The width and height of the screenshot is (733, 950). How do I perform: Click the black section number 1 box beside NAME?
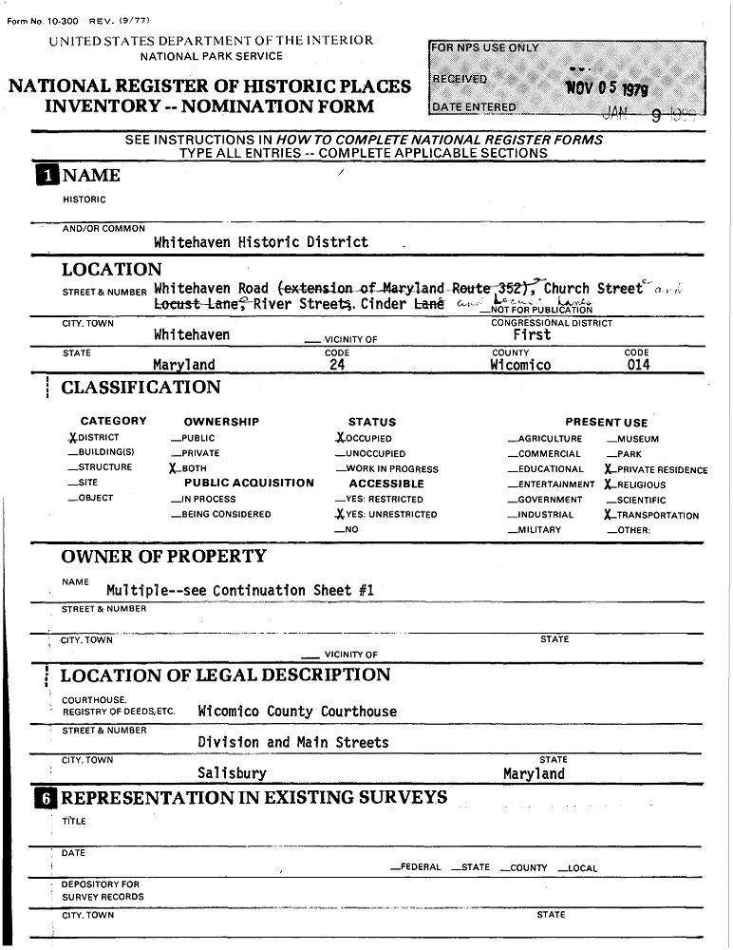(x=45, y=175)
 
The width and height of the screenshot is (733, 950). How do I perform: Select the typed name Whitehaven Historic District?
(x=260, y=242)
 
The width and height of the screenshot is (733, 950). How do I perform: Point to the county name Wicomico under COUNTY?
(x=520, y=365)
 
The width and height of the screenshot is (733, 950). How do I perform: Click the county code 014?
(x=639, y=365)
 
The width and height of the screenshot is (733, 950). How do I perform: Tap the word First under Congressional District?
(x=533, y=335)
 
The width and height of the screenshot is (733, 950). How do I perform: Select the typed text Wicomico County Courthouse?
(x=297, y=712)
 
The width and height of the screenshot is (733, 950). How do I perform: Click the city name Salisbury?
(x=232, y=773)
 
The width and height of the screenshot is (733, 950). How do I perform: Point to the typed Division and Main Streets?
(x=293, y=742)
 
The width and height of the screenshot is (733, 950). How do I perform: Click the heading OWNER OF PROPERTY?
(x=163, y=557)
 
